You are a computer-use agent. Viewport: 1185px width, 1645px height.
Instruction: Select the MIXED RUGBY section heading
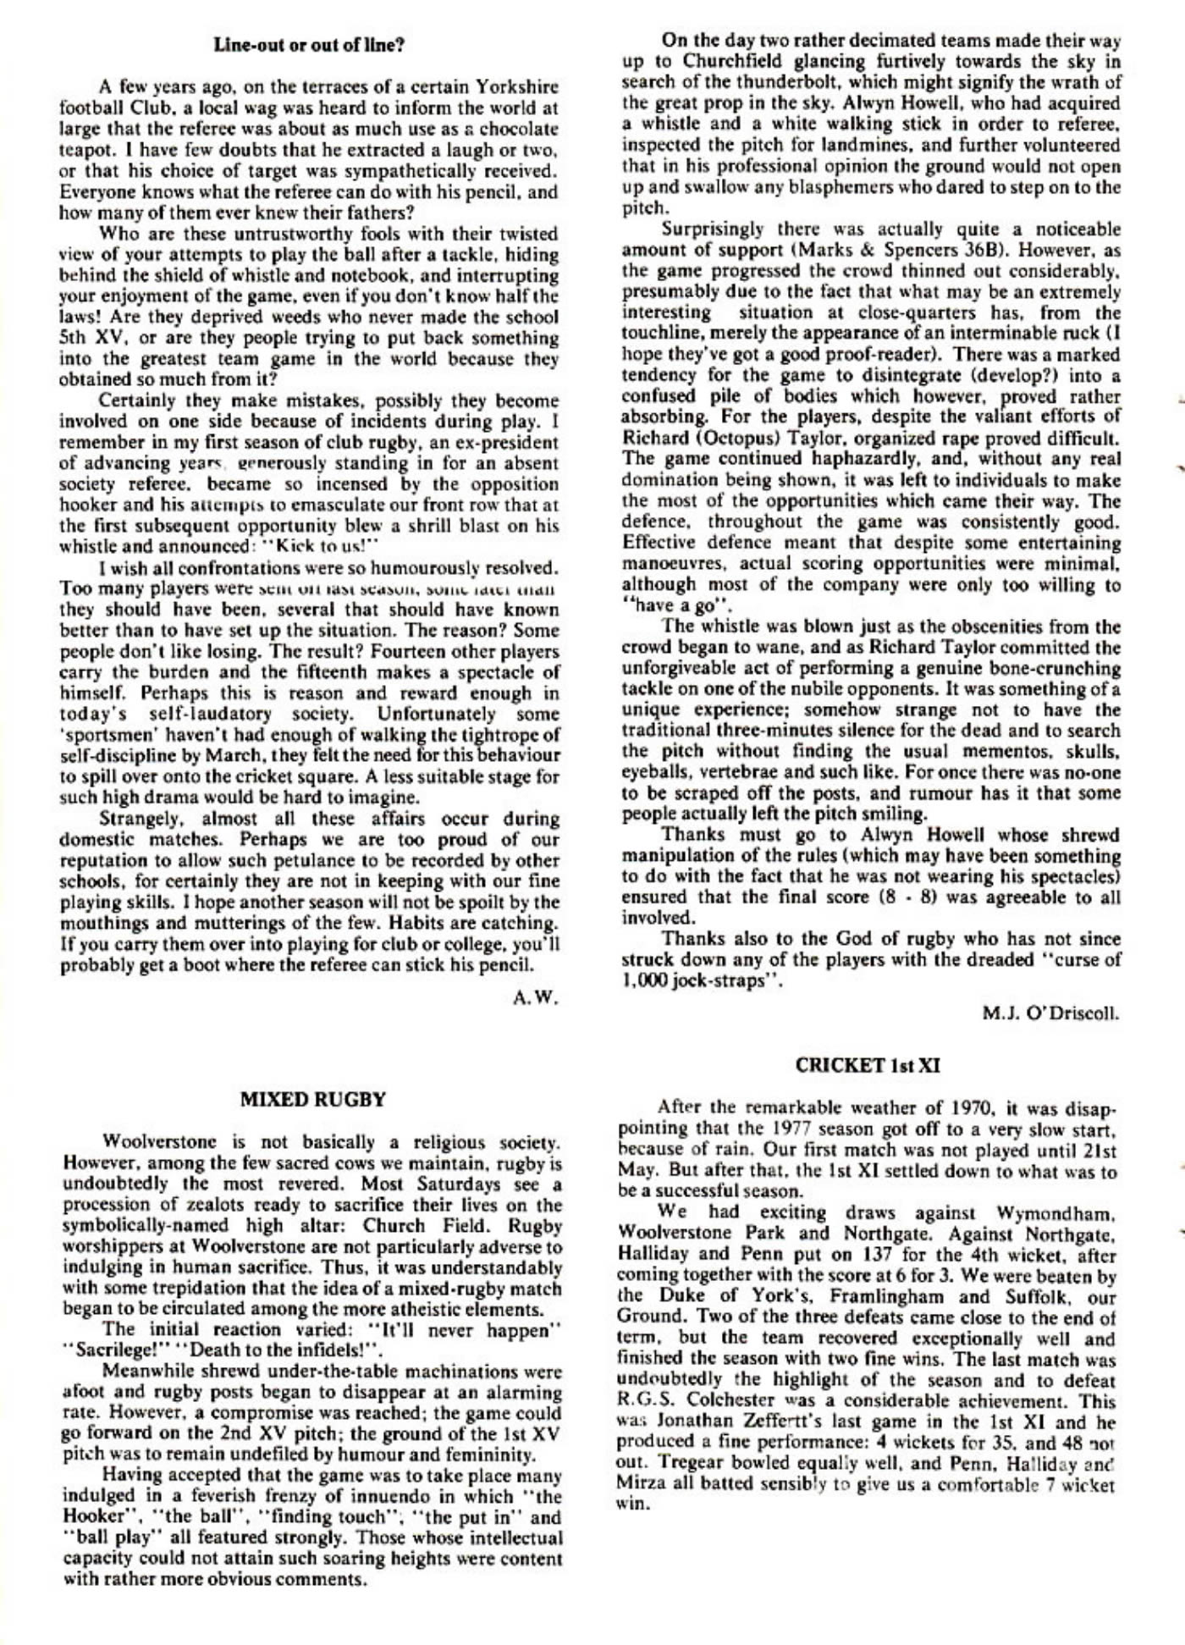(313, 1100)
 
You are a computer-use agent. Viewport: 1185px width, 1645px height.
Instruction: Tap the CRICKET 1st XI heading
(868, 1066)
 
